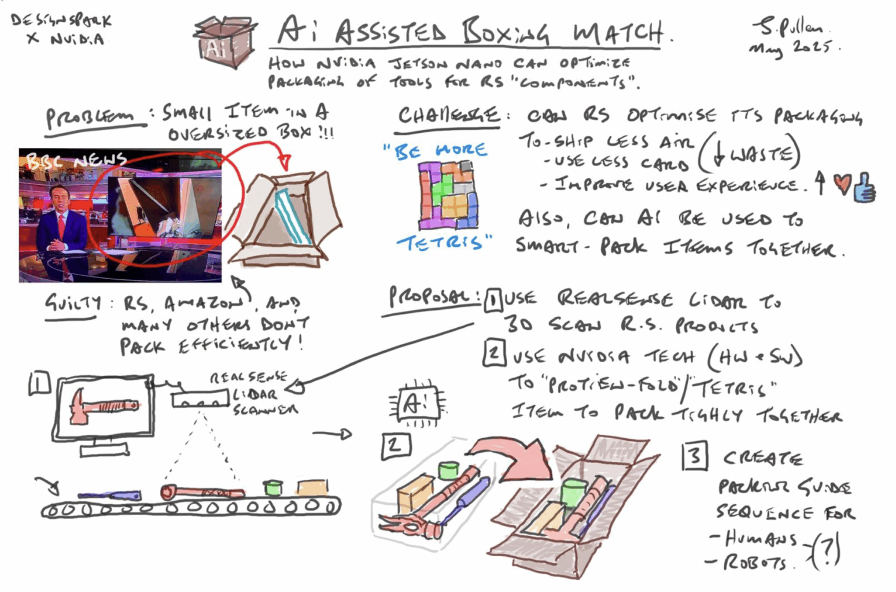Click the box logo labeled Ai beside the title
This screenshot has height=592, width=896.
point(224,42)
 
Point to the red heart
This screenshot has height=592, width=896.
point(842,185)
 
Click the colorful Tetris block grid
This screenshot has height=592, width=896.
point(448,195)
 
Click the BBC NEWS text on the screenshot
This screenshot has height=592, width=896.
point(75,160)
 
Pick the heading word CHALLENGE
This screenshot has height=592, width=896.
point(448,115)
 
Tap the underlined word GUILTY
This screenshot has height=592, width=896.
point(72,303)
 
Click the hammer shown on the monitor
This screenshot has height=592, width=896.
point(103,406)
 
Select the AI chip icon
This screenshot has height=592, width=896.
point(415,404)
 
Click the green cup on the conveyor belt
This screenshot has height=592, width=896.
point(272,487)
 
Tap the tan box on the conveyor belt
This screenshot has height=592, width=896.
point(312,487)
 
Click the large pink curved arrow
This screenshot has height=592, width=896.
point(510,457)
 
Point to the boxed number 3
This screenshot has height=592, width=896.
point(695,456)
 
